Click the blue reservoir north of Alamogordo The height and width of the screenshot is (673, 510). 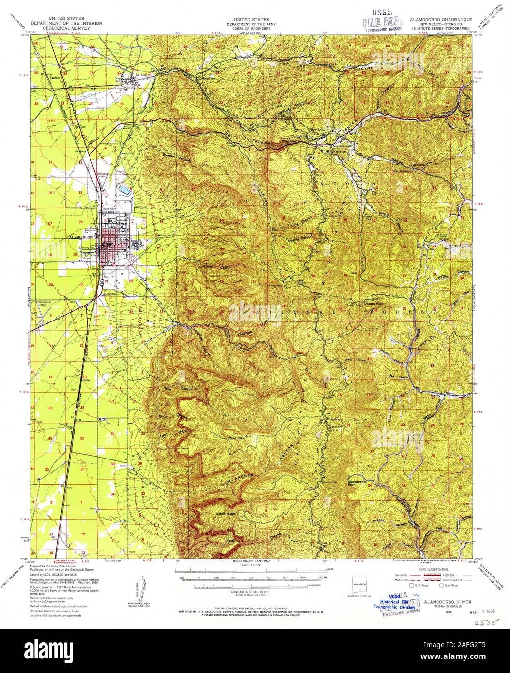tap(124, 189)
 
